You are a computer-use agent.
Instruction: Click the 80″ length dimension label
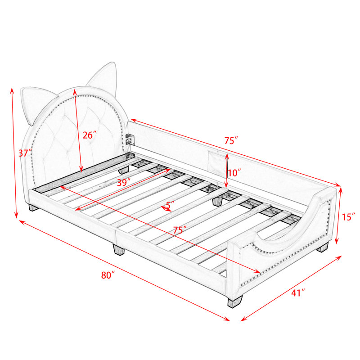point(108,275)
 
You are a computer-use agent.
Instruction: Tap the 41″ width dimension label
point(298,293)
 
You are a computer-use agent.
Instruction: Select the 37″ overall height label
point(25,153)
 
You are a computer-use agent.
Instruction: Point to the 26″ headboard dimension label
point(89,135)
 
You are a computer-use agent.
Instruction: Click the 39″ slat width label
point(124,183)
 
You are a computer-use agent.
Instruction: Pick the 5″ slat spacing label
point(170,205)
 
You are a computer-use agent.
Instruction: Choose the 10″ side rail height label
point(234,173)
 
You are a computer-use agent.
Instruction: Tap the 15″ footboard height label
point(348,217)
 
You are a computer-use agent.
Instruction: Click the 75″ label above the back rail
point(231,140)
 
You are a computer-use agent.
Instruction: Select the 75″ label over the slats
point(180,230)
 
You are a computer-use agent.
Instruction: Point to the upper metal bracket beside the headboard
point(130,139)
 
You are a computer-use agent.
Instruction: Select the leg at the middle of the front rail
point(118,249)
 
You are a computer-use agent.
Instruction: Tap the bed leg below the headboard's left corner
point(33,208)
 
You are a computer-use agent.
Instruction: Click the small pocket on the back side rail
point(216,162)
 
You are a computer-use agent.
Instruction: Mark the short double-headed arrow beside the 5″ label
point(166,208)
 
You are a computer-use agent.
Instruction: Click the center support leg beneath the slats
point(218,201)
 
